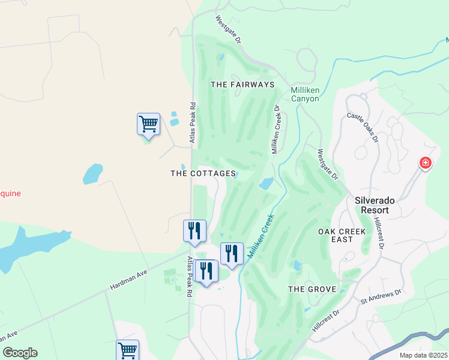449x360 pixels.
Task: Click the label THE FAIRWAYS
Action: pyautogui.click(x=243, y=85)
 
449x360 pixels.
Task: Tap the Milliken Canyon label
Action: pyautogui.click(x=304, y=94)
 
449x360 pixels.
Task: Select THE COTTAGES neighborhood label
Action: pyautogui.click(x=203, y=173)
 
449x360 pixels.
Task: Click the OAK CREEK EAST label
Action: pyautogui.click(x=335, y=235)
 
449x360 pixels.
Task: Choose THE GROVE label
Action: pyautogui.click(x=310, y=289)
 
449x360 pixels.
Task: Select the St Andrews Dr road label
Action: pyautogui.click(x=380, y=296)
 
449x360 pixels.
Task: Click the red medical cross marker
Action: pyautogui.click(x=425, y=163)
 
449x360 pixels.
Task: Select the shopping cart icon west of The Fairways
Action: pyautogui.click(x=148, y=124)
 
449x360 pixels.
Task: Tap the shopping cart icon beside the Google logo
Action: pyautogui.click(x=127, y=350)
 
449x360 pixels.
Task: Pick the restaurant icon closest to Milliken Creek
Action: pyautogui.click(x=232, y=253)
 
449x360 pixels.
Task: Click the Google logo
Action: pyautogui.click(x=20, y=353)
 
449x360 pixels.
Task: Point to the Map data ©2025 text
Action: pyautogui.click(x=423, y=355)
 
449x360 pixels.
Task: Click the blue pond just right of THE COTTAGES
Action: pyautogui.click(x=266, y=184)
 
